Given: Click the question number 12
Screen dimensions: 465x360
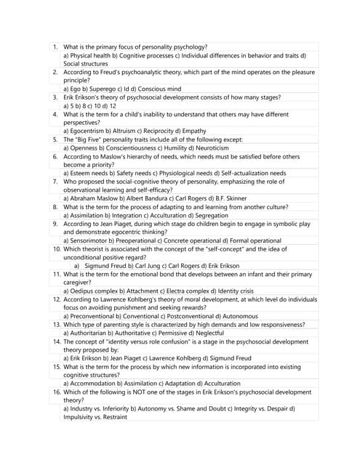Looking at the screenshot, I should click(x=56, y=299).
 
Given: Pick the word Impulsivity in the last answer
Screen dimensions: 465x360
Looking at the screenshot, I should click(x=84, y=417).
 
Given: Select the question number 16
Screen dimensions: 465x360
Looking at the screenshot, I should click(x=56, y=392).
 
